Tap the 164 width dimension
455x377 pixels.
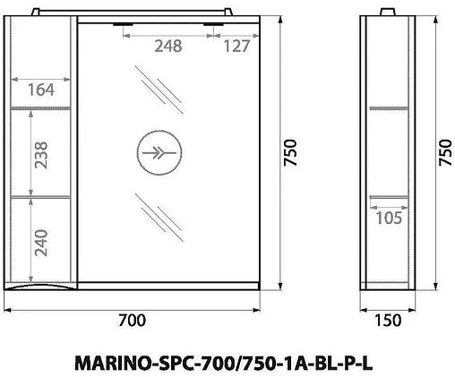(39, 89)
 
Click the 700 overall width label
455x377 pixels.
(132, 320)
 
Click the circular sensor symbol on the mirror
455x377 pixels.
(159, 150)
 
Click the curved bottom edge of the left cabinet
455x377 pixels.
(40, 286)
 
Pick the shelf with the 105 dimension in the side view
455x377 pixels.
(391, 195)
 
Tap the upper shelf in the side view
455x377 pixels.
(391, 107)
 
